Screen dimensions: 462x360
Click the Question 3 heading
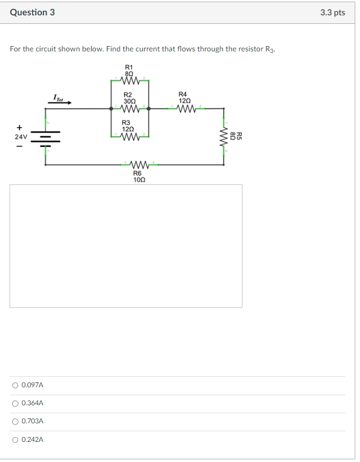(32, 12)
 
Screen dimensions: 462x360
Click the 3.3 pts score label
(332, 12)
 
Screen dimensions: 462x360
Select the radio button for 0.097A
(15, 385)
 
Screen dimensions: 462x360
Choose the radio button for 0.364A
(15, 403)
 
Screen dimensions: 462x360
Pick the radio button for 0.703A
(15, 421)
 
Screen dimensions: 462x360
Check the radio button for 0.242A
(15, 439)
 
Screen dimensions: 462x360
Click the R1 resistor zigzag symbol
(130, 81)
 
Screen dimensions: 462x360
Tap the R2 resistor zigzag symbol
(130, 109)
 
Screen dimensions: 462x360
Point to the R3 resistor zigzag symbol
(130, 137)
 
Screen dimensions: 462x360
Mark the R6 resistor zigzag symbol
(138, 164)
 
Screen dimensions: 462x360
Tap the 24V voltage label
(21, 137)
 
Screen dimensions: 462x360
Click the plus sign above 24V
(20, 127)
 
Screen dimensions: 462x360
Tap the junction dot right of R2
(149, 109)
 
